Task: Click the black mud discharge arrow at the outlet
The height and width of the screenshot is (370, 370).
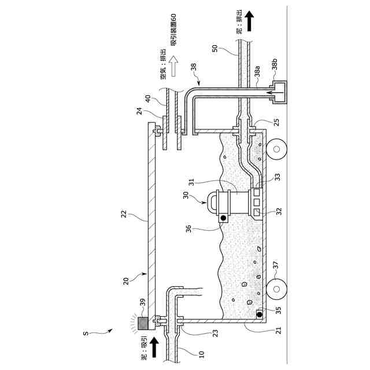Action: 249,21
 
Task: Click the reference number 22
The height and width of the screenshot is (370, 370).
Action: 126,214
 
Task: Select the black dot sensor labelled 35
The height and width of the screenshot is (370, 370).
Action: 259,314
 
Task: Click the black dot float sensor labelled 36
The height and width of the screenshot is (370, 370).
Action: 221,218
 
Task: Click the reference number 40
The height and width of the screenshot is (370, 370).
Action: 150,99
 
